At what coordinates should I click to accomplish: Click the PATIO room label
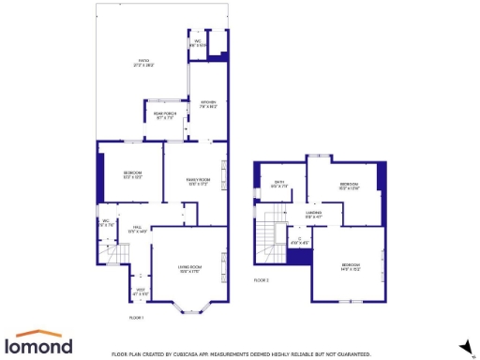(x=144, y=63)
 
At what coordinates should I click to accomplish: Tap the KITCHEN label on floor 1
(x=208, y=104)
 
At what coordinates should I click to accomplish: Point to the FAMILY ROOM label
(x=197, y=181)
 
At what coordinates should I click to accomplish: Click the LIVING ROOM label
(x=191, y=270)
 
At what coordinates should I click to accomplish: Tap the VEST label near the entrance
(x=141, y=292)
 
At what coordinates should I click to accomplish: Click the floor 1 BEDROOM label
(x=132, y=175)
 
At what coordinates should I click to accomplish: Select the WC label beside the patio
(x=199, y=43)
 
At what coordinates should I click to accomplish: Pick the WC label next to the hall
(x=107, y=223)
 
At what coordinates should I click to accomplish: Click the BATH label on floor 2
(x=278, y=185)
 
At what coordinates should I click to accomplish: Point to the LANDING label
(x=313, y=215)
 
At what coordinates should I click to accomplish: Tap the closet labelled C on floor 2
(x=300, y=241)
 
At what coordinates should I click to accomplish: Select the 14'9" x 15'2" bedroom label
(x=350, y=266)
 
